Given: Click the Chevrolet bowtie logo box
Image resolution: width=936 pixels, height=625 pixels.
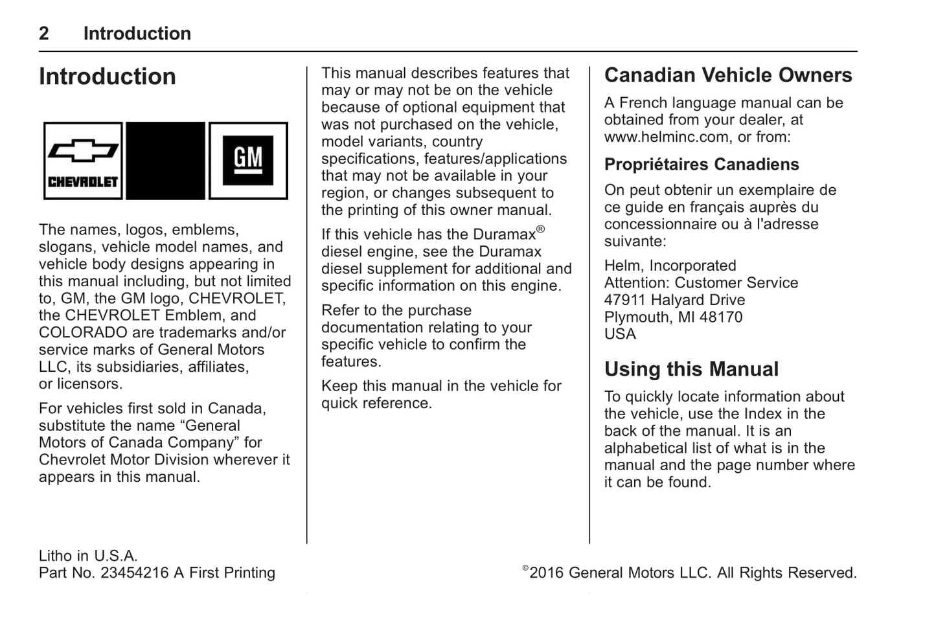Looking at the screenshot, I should point(83,161).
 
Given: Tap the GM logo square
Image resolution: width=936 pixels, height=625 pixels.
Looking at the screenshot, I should point(248,161).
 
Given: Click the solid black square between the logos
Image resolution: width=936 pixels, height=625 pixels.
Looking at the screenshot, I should point(165,161).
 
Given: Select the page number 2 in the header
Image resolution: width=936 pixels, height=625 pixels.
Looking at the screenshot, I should point(44,34).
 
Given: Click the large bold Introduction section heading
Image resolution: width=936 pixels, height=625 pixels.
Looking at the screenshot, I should point(108,76).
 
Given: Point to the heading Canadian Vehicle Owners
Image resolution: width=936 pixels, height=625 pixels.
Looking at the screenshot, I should point(728,75).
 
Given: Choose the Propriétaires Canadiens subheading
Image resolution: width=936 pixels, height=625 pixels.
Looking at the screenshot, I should point(702,165).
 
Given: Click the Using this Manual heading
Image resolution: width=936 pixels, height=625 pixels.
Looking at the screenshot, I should point(691,369).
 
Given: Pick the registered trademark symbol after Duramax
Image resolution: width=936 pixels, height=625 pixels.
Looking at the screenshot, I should point(540,229).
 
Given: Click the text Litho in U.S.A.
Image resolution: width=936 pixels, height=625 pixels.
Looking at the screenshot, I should point(88,556).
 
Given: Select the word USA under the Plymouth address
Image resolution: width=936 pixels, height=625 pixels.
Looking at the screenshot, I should point(620,334).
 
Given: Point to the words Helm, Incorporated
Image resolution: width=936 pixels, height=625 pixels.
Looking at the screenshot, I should point(670,266).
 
